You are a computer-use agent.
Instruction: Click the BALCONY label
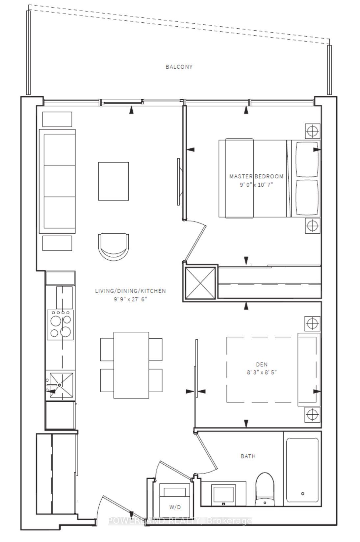(179, 67)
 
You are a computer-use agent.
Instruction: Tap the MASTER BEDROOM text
(256, 176)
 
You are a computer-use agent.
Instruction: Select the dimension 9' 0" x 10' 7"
(256, 185)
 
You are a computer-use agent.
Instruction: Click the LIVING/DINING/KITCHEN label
(130, 291)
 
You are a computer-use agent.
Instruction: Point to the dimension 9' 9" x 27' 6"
(130, 299)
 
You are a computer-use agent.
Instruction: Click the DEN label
(262, 364)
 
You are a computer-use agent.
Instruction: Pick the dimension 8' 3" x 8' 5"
(262, 373)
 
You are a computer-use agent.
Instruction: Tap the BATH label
(248, 456)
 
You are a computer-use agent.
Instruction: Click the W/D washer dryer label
(175, 507)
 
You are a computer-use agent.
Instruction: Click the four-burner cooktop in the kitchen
(60, 324)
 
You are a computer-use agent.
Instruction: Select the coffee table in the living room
(113, 181)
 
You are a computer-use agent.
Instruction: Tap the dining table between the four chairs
(131, 365)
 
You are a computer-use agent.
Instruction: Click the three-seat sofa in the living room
(57, 181)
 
